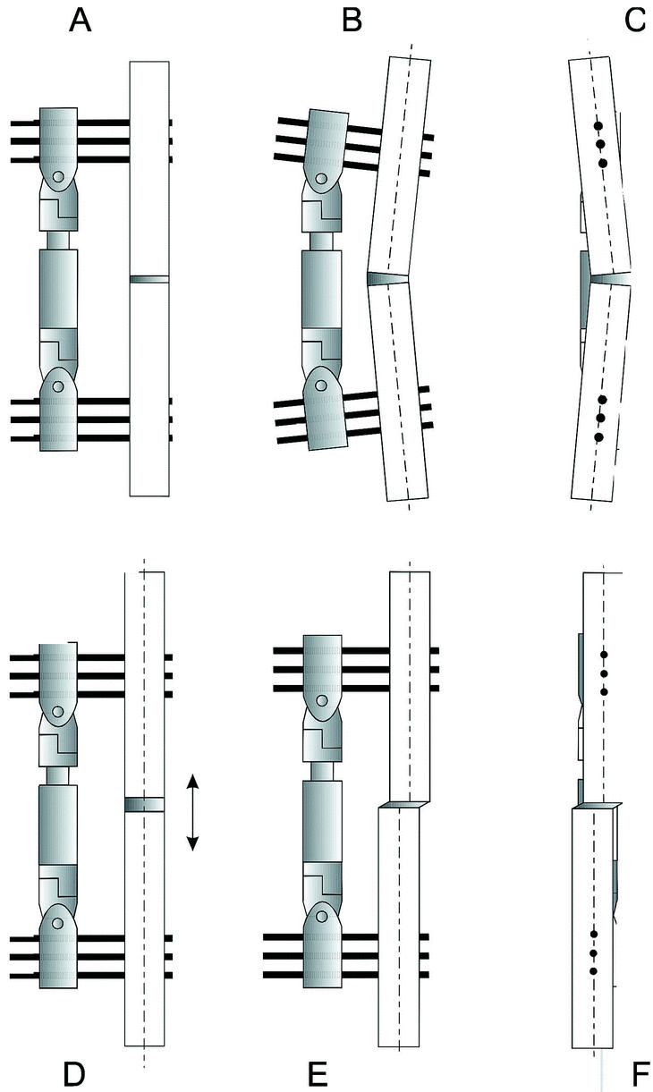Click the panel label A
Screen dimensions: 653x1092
pyautogui.click(x=80, y=21)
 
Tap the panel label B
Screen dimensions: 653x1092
pyautogui.click(x=352, y=21)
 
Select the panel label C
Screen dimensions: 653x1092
pyautogui.click(x=634, y=21)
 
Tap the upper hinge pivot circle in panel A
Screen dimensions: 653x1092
pyautogui.click(x=58, y=176)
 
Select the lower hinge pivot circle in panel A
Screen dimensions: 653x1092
pyautogui.click(x=58, y=386)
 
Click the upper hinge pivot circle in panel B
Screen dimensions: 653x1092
pyautogui.click(x=320, y=179)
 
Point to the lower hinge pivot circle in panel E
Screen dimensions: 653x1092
pyautogui.click(x=321, y=917)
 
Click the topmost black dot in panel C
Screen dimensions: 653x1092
pyautogui.click(x=598, y=126)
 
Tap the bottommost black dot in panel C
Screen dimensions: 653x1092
pyautogui.click(x=599, y=437)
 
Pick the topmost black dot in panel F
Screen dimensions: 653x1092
pyautogui.click(x=604, y=655)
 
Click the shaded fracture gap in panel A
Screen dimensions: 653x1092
pyautogui.click(x=149, y=279)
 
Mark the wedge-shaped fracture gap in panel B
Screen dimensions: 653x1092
pyautogui.click(x=387, y=278)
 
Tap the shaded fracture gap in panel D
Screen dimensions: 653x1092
pyautogui.click(x=144, y=804)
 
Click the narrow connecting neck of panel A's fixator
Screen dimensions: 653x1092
pyautogui.click(x=58, y=241)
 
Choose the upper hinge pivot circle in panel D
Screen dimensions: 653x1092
pyautogui.click(x=58, y=711)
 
